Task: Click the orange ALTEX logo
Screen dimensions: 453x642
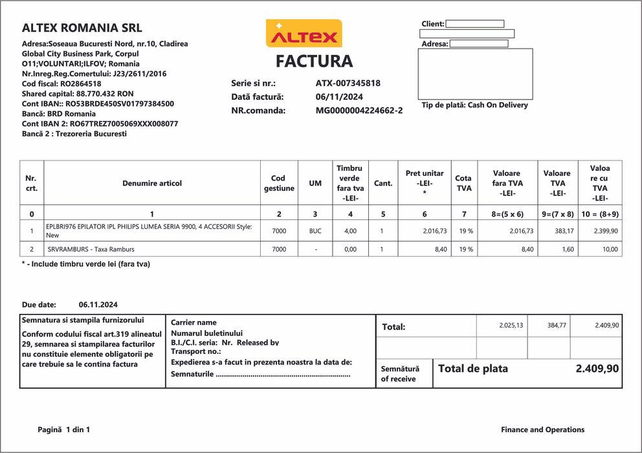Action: pos(304,33)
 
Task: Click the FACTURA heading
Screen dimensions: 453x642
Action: pos(314,61)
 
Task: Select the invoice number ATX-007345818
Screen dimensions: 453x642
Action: pos(348,83)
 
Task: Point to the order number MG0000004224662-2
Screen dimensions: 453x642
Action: pos(359,111)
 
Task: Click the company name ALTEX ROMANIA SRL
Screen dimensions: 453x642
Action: pos(82,28)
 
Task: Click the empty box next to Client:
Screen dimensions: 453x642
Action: pos(474,24)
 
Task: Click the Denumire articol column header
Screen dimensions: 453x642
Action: pos(152,183)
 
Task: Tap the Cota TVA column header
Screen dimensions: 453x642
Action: pos(463,183)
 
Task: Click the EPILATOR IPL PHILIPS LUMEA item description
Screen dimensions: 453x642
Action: pos(149,231)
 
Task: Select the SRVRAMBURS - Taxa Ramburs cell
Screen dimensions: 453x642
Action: pos(91,249)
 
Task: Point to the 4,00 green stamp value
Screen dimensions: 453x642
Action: pos(350,231)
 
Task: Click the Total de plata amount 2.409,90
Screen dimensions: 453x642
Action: pos(597,369)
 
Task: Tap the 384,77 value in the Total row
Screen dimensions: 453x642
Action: pos(557,326)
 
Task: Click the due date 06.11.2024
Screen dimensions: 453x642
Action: pos(98,304)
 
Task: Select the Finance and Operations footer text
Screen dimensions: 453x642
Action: pos(542,430)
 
